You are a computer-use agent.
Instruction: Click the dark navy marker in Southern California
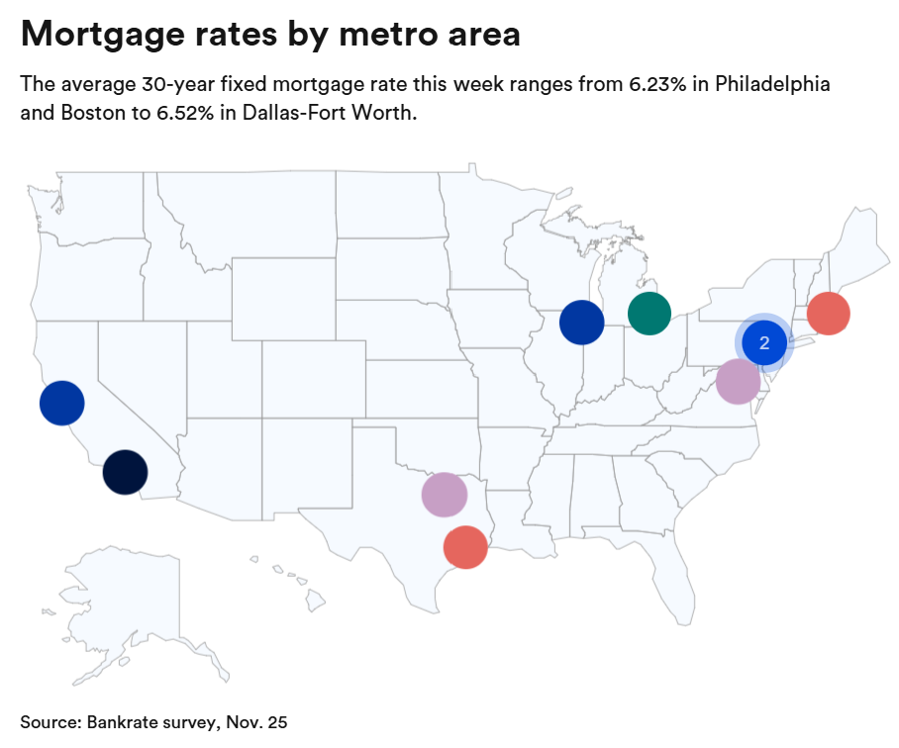(126, 471)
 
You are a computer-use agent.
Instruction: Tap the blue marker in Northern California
(62, 403)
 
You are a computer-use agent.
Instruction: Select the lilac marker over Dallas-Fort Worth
(444, 494)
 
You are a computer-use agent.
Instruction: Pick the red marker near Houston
(465, 546)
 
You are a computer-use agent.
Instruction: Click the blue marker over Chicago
(581, 322)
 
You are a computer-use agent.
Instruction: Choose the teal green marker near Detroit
(649, 314)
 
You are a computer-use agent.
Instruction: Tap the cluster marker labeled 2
(764, 343)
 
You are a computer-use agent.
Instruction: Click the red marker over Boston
(828, 315)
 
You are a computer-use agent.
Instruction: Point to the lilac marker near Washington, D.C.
(738, 381)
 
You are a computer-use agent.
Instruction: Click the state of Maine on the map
(864, 242)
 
